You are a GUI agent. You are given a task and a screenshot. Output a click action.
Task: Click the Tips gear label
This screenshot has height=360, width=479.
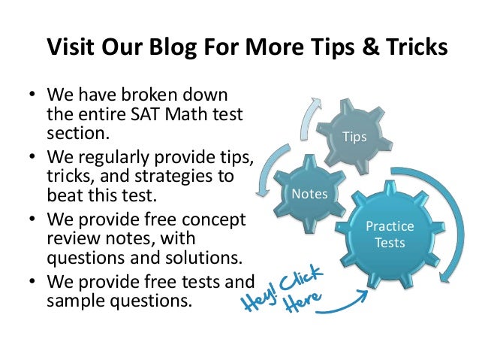[354, 138]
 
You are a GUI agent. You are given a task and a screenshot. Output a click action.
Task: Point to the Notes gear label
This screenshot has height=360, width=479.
[309, 195]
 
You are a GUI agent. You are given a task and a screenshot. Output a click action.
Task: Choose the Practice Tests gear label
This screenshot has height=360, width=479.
[390, 234]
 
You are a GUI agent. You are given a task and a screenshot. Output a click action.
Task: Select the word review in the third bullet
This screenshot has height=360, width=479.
[71, 240]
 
